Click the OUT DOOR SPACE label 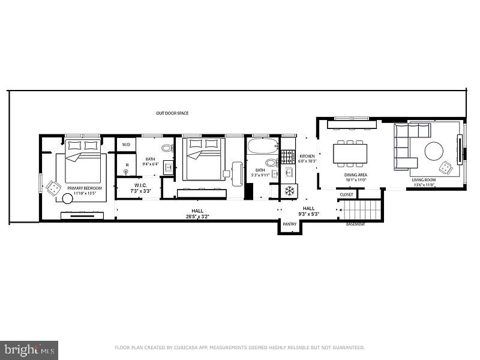[x=172, y=113]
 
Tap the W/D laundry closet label [x=126, y=145]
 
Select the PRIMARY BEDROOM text [x=82, y=188]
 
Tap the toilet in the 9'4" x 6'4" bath [x=167, y=148]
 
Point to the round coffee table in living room [x=434, y=151]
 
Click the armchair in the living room [x=445, y=168]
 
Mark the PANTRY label [x=290, y=224]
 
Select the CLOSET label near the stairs [x=346, y=194]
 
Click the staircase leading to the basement [x=361, y=210]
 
